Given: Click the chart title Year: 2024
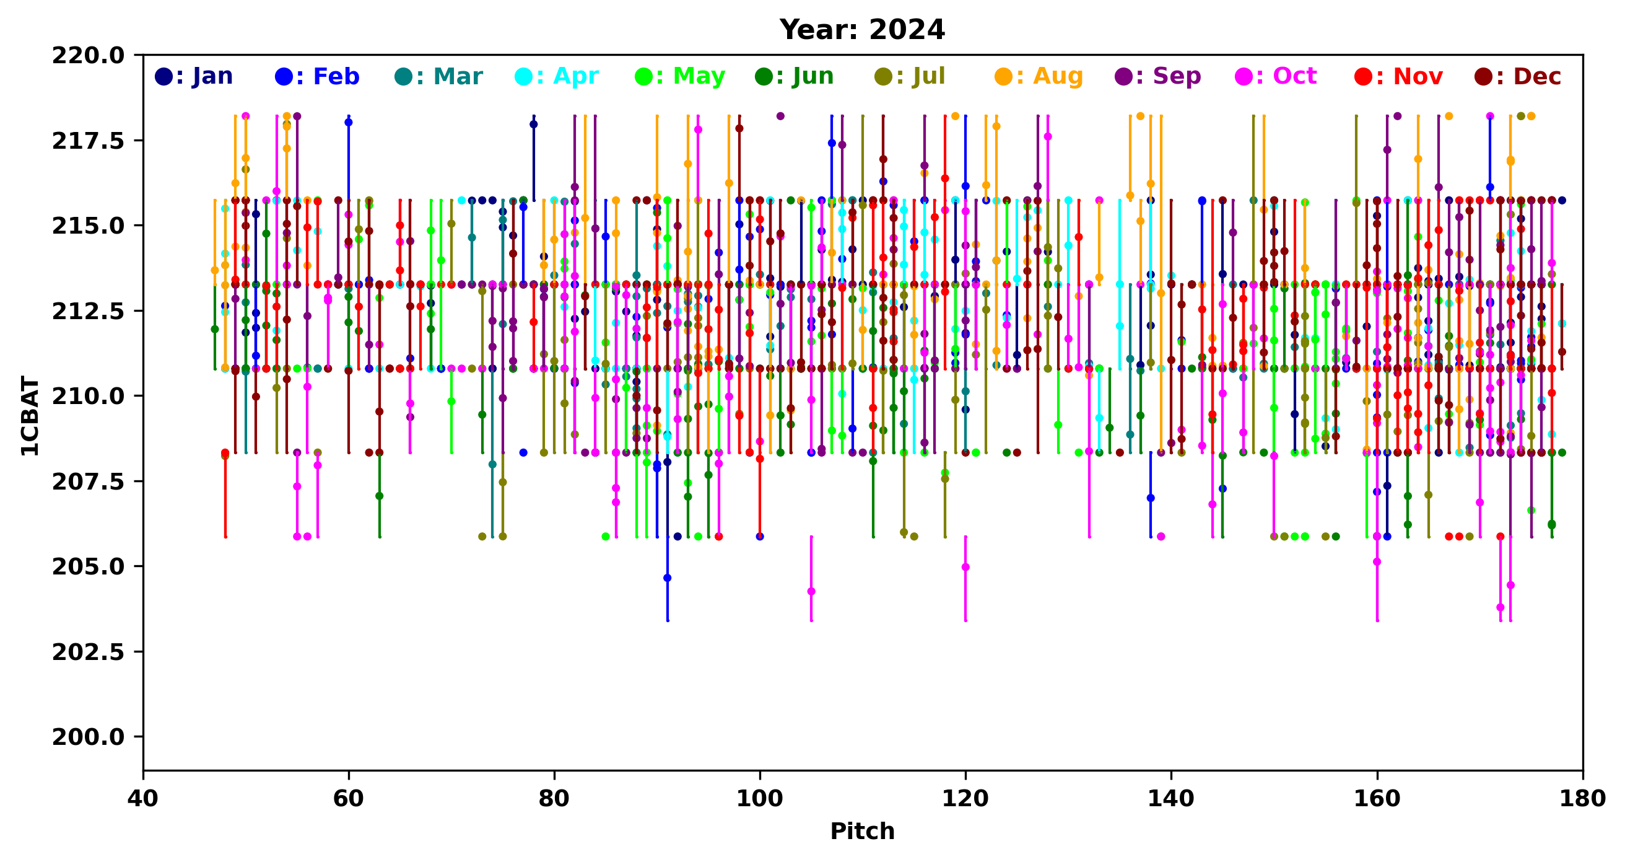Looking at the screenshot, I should pyautogui.click(x=861, y=30).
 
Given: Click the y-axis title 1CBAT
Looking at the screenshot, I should pyautogui.click(x=30, y=416).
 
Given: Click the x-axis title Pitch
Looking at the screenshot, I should pyautogui.click(x=861, y=831).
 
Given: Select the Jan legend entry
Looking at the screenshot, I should pyautogui.click(x=194, y=76).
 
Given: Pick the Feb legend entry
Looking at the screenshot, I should pyautogui.click(x=317, y=76).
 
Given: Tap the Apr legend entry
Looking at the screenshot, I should pyautogui.click(x=557, y=76).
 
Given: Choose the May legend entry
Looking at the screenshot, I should pyautogui.click(x=680, y=76).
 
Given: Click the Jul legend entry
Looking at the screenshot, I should pyautogui.click(x=910, y=76).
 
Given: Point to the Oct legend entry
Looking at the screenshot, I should pyautogui.click(x=1276, y=76).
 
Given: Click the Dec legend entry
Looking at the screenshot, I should pyautogui.click(x=1518, y=76).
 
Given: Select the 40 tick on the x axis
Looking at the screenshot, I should pyautogui.click(x=143, y=798).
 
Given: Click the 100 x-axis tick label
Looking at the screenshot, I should pyautogui.click(x=759, y=798).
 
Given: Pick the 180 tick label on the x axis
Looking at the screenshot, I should pyautogui.click(x=1582, y=798).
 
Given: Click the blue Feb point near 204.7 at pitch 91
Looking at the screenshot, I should pyautogui.click(x=668, y=578).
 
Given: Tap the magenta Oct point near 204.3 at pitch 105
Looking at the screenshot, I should pyautogui.click(x=811, y=591).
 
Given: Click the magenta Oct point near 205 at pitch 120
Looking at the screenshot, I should pyautogui.click(x=965, y=567).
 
